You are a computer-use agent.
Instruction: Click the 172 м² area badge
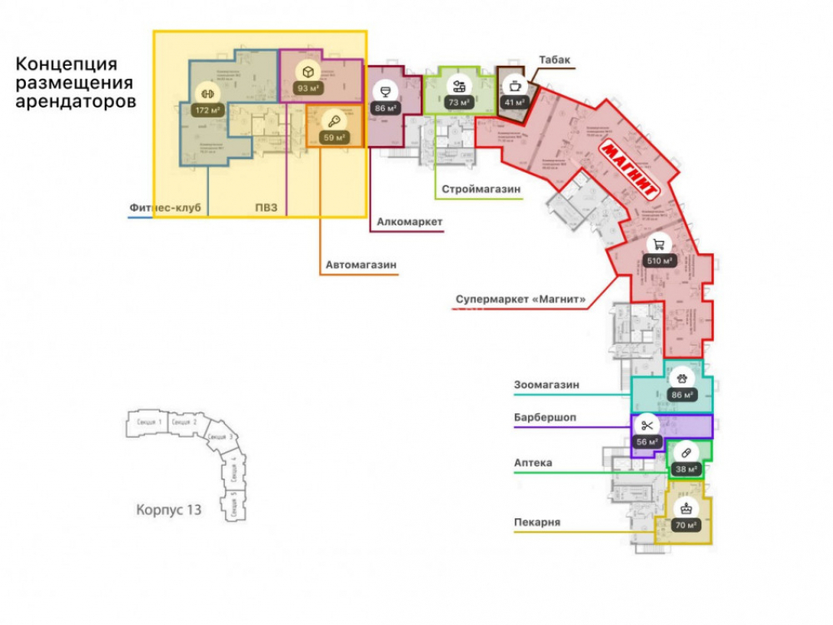[204, 110]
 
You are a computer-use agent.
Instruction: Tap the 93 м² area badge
[308, 88]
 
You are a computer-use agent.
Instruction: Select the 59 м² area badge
[333, 137]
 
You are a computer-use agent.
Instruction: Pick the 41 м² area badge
[513, 102]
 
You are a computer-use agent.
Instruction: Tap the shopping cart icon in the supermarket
[659, 244]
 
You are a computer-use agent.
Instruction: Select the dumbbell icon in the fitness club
[204, 92]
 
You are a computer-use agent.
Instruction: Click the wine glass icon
[386, 91]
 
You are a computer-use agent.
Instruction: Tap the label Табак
[553, 60]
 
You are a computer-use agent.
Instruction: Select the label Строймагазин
[481, 190]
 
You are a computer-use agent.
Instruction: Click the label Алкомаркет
[409, 222]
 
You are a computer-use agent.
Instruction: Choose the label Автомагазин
[361, 266]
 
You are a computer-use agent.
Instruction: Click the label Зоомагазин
[546, 385]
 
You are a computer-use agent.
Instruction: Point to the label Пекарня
[536, 522]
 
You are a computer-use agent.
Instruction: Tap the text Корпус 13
[168, 509]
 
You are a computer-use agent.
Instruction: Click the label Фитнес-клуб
[166, 207]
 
